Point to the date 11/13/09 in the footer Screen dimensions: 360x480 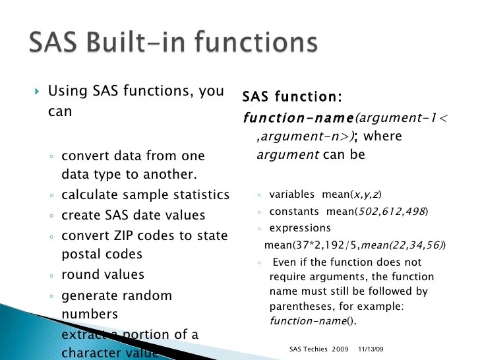(371, 348)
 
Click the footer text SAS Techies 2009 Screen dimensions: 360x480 (320, 348)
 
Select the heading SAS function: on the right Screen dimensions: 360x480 (291, 98)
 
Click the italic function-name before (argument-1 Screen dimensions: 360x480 (298, 119)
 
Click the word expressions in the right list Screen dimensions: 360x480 (300, 228)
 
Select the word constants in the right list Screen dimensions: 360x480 (293, 212)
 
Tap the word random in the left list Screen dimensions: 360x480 (145, 296)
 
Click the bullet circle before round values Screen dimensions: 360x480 (51, 276)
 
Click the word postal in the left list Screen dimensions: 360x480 (81, 254)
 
